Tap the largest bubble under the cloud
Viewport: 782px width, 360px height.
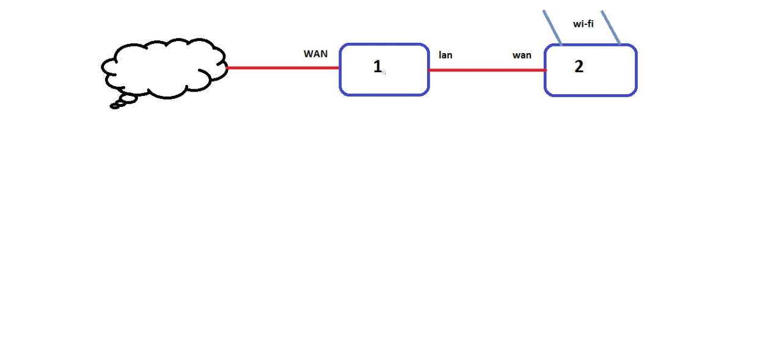tap(128, 98)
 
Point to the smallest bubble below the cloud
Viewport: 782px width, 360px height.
tap(114, 106)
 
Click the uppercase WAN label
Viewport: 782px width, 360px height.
tap(315, 54)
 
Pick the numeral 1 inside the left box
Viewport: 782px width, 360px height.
tap(377, 67)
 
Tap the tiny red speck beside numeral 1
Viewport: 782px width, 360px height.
tap(384, 72)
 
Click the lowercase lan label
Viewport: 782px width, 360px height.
tap(445, 55)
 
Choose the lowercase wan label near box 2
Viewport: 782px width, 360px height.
tap(521, 55)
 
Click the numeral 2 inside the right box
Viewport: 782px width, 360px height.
tap(579, 67)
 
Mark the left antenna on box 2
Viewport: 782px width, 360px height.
tap(552, 28)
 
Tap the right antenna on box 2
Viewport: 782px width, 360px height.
tap(611, 28)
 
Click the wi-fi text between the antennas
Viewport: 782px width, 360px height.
tap(583, 24)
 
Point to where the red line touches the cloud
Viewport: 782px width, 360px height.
tap(227, 68)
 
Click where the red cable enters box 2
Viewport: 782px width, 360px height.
tap(545, 70)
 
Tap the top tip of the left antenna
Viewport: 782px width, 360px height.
tap(544, 11)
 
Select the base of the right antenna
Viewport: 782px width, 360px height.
tap(619, 44)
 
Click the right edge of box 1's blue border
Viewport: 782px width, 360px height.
tap(428, 70)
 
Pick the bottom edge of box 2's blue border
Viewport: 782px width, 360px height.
tap(590, 95)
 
